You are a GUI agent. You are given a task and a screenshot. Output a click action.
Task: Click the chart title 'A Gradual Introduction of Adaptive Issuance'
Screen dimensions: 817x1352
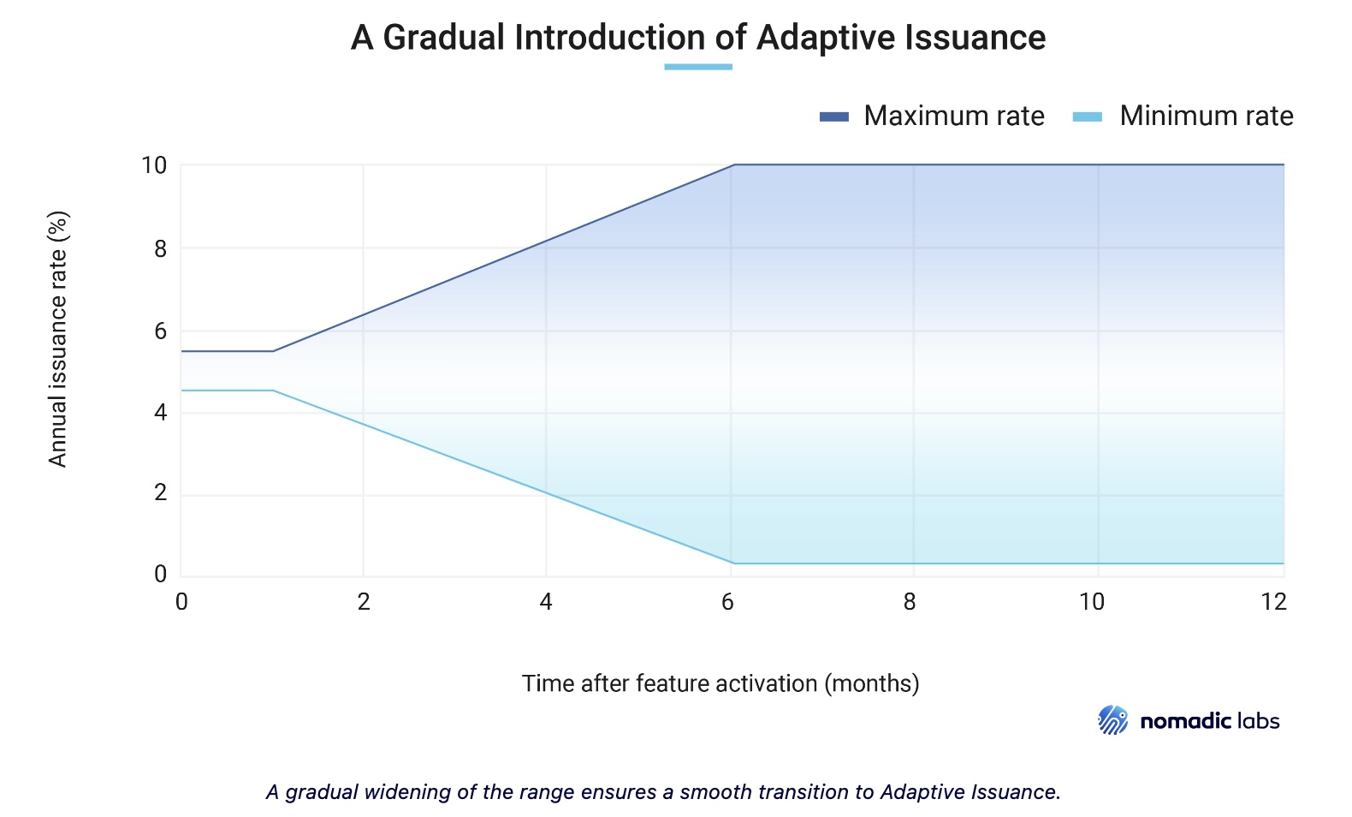tap(697, 38)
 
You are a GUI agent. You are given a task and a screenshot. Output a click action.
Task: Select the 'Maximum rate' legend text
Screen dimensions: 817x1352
tap(953, 116)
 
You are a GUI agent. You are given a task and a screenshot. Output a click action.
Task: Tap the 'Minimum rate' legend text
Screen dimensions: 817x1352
tap(1206, 116)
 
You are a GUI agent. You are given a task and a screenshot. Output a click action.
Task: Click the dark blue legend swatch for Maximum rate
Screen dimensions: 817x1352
tap(833, 116)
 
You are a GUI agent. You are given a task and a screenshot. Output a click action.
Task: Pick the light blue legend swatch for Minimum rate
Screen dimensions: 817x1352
tap(1087, 116)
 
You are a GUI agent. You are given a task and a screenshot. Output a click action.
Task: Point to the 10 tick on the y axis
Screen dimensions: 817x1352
tap(154, 165)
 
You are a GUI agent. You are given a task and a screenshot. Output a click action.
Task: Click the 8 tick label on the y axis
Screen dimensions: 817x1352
tap(160, 249)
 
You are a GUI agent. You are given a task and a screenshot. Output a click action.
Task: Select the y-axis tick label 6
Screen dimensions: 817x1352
tap(160, 331)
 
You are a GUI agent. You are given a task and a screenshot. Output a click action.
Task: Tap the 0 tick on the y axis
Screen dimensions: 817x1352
tap(160, 574)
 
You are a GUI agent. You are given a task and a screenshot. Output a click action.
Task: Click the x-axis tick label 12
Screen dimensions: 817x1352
tap(1273, 602)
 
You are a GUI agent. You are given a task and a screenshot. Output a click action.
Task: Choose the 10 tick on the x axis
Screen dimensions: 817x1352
tap(1091, 602)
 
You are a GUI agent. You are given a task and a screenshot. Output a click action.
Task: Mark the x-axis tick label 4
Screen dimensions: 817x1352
tap(546, 602)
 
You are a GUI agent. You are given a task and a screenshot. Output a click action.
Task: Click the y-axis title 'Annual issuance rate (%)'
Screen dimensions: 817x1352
tap(58, 339)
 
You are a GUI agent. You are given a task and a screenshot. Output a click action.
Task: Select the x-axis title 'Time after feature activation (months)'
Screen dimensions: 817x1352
tap(720, 683)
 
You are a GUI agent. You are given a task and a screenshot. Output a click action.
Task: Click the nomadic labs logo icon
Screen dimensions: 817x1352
tap(1113, 720)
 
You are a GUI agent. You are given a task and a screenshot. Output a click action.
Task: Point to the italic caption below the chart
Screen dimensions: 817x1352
tap(663, 791)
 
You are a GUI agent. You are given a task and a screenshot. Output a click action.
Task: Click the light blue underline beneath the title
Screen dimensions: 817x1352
tap(698, 67)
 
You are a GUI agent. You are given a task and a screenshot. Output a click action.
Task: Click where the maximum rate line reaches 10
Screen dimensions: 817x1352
tap(733, 164)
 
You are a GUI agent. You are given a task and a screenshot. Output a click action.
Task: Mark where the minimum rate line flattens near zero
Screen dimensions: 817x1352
tap(732, 563)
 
